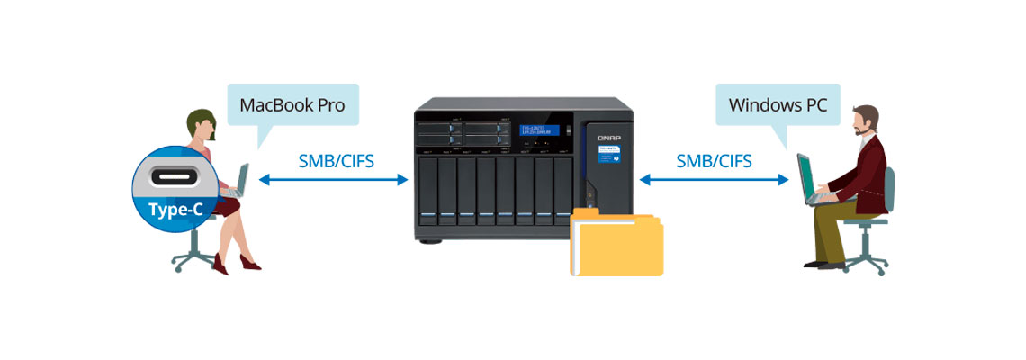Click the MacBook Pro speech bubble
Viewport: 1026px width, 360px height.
[x=292, y=105]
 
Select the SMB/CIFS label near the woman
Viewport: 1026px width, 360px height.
[x=336, y=162]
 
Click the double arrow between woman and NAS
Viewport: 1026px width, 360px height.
[x=334, y=180]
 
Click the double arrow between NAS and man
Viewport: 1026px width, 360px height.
[x=714, y=180]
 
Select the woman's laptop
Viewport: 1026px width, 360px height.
[x=239, y=181]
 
